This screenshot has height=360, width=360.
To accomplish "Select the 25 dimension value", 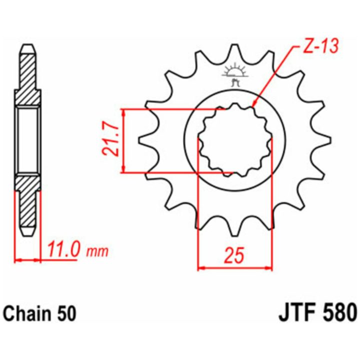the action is [234, 255].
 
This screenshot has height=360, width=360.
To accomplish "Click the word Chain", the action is [27, 314].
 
